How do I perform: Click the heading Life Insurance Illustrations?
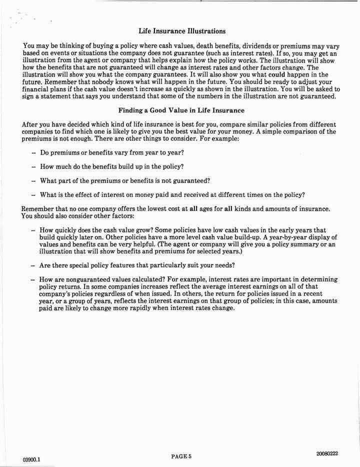click(x=181, y=31)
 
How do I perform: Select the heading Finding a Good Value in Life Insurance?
click(x=181, y=110)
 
